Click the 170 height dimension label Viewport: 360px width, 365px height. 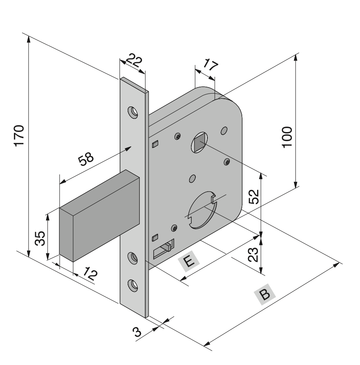tap(19, 135)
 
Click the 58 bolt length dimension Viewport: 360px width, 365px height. tap(86, 160)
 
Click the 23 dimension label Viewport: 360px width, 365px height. tap(254, 253)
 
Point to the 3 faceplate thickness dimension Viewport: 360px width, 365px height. tap(138, 332)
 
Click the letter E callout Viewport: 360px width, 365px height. tap(189, 262)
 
